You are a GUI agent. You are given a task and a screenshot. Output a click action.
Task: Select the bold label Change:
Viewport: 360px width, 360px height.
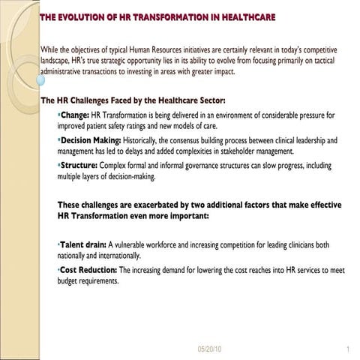(74, 115)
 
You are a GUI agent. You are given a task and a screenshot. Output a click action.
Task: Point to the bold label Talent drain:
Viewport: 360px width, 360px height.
(82, 244)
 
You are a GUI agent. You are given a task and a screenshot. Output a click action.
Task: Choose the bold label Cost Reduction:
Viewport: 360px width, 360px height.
(88, 269)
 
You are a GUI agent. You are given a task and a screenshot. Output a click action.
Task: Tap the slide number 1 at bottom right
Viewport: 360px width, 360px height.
(349, 349)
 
